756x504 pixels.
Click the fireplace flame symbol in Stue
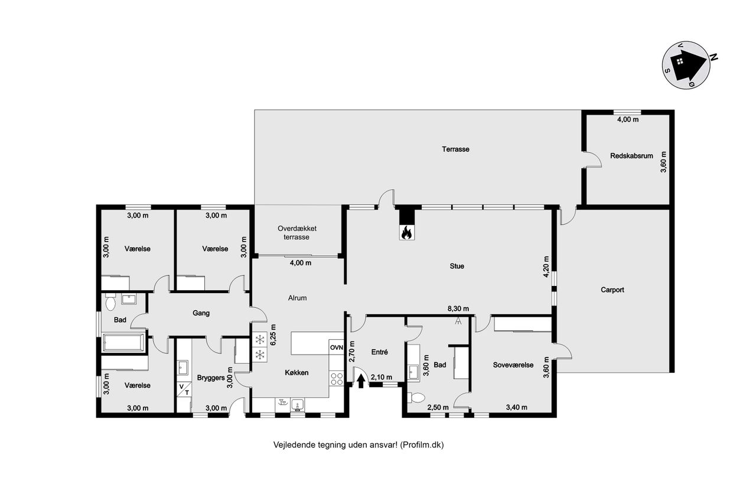[x=406, y=233]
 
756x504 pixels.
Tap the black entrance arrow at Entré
[x=361, y=381]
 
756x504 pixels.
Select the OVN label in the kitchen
[x=337, y=347]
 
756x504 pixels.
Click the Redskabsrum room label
[x=631, y=156]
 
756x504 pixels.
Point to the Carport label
[x=612, y=290]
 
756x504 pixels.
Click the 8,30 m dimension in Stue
[x=458, y=308]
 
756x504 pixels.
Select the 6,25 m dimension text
[x=273, y=334]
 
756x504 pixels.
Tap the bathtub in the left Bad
[x=123, y=343]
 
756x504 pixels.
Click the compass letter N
[x=713, y=57]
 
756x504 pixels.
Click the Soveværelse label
[x=513, y=365]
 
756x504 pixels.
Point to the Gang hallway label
[x=201, y=313]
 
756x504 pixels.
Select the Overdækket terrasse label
[x=297, y=233]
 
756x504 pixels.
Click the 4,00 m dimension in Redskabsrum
[x=628, y=119]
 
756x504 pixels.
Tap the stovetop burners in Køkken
[x=337, y=378]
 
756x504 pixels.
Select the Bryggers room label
[x=211, y=378]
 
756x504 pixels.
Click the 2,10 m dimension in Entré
[x=382, y=377]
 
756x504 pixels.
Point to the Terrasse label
[x=455, y=149]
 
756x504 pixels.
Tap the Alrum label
[x=297, y=298]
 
